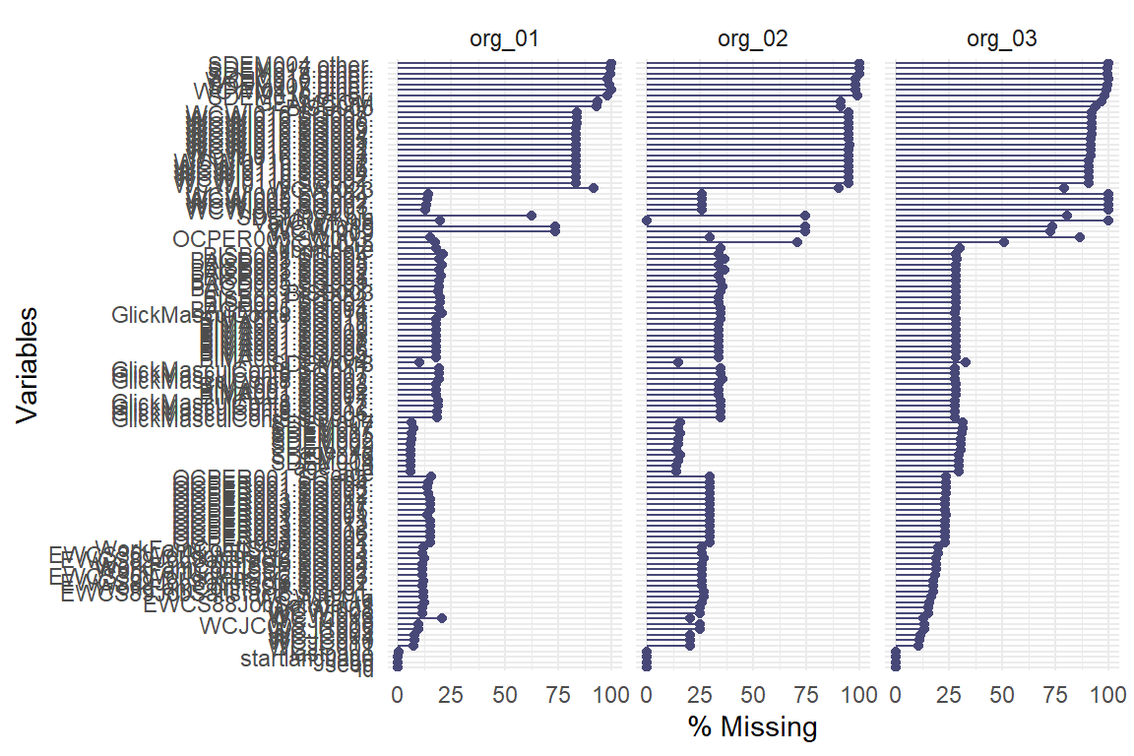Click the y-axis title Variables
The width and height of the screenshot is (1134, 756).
[x=30, y=365]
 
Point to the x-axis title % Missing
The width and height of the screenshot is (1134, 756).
[x=753, y=728]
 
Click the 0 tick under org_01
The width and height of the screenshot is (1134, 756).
[x=398, y=694]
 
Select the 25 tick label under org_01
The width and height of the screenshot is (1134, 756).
[x=451, y=694]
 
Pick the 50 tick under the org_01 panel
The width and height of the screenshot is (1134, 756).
[x=504, y=694]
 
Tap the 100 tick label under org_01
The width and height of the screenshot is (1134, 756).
[x=611, y=694]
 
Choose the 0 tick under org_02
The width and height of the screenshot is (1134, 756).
[x=647, y=694]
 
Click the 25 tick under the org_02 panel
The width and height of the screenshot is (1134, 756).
[x=700, y=694]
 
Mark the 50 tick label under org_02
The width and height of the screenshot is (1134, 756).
[x=753, y=694]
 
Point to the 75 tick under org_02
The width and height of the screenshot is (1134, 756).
[x=806, y=694]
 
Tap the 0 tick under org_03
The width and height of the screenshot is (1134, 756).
[x=896, y=694]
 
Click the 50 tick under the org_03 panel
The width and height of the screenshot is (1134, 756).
[x=1002, y=694]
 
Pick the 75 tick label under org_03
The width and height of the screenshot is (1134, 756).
[x=1055, y=694]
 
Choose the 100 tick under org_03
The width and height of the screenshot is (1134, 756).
[x=1108, y=694]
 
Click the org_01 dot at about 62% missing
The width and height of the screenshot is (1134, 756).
[x=532, y=215]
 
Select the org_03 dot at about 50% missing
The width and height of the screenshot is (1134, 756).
[x=1004, y=242]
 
